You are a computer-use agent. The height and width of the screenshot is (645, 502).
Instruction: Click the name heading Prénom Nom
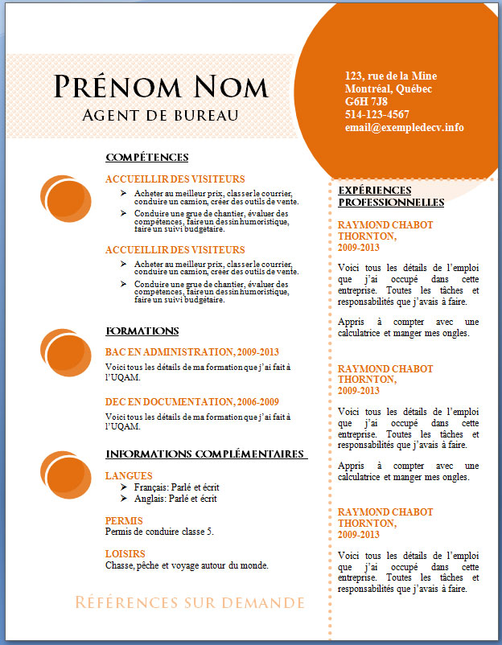[161, 86]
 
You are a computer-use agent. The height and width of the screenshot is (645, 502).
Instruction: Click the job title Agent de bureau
[161, 115]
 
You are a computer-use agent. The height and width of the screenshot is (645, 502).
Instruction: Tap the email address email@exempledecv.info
[404, 127]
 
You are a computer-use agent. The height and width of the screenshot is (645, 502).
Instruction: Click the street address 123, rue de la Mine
[390, 76]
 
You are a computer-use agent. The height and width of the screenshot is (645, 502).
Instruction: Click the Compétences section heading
[146, 157]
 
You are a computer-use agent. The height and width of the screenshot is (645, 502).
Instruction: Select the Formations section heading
[142, 331]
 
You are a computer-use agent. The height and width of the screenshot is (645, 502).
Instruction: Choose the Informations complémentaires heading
[206, 454]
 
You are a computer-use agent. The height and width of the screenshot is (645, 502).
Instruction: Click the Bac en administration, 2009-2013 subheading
[191, 352]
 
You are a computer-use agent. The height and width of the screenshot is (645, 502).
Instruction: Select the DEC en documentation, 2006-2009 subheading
[191, 402]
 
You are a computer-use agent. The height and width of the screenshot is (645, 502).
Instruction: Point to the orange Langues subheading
[129, 476]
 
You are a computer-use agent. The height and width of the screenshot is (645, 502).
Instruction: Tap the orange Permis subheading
[125, 520]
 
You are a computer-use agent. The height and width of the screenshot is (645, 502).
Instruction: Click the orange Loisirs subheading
[125, 554]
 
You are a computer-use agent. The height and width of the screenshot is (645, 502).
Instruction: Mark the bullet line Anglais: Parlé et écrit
[175, 499]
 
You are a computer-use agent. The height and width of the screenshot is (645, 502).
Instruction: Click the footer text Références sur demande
[190, 602]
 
